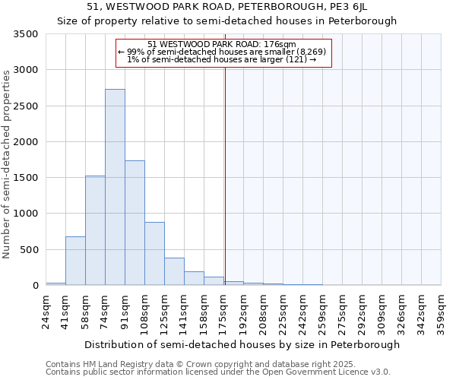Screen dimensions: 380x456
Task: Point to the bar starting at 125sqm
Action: [174, 271]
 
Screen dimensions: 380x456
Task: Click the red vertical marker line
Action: [225, 175]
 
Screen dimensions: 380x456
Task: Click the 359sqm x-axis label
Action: [441, 312]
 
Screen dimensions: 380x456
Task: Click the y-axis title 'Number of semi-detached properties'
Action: [8, 164]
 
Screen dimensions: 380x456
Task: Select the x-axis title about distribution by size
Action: [242, 344]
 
